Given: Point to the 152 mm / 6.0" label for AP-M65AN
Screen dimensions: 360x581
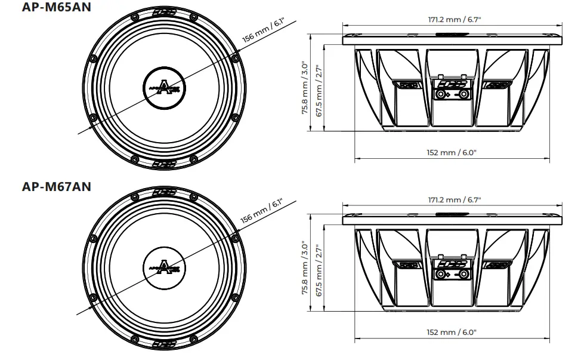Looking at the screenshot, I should (452, 152).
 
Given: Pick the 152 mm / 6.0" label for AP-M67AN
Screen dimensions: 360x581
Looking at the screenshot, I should (452, 332).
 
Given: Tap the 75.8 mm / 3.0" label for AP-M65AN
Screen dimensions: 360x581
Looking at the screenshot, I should (305, 88).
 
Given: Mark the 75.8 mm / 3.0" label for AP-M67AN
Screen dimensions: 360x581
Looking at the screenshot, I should (305, 268).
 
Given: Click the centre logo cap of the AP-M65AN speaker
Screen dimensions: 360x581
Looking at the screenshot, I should (164, 90).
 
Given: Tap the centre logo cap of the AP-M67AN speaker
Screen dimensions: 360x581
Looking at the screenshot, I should (164, 269).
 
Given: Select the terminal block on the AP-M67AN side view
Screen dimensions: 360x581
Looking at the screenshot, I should (452, 273).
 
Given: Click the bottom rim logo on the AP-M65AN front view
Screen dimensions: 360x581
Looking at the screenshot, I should (164, 163).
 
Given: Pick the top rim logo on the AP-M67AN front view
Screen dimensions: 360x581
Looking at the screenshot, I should (164, 193).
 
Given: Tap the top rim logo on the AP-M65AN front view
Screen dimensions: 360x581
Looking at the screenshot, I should (164, 13).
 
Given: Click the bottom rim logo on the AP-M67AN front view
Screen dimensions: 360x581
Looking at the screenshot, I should (164, 344).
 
